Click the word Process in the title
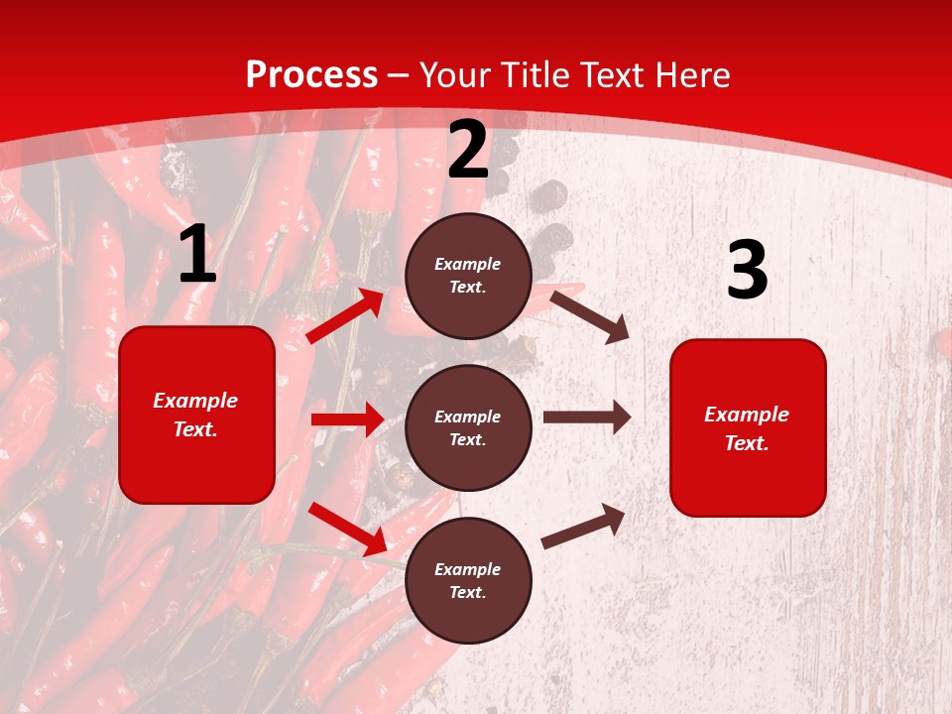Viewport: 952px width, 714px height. (x=311, y=74)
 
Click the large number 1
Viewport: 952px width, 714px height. (x=197, y=255)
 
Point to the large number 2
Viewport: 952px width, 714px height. (x=468, y=151)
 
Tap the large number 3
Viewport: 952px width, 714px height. (x=747, y=271)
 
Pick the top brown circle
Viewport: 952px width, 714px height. (x=468, y=276)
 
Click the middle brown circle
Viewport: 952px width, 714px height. (x=468, y=428)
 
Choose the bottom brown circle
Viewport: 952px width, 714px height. (x=468, y=581)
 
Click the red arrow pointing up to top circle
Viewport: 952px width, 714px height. (x=345, y=316)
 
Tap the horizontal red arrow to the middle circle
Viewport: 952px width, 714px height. (x=347, y=419)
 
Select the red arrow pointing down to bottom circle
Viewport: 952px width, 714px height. (x=347, y=529)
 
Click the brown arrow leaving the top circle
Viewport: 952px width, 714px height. (x=590, y=315)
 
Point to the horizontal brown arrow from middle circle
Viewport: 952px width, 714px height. (x=587, y=417)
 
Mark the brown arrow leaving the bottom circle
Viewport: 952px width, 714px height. (x=584, y=526)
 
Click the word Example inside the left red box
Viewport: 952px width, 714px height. (x=195, y=401)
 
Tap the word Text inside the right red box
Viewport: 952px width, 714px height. (x=746, y=443)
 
